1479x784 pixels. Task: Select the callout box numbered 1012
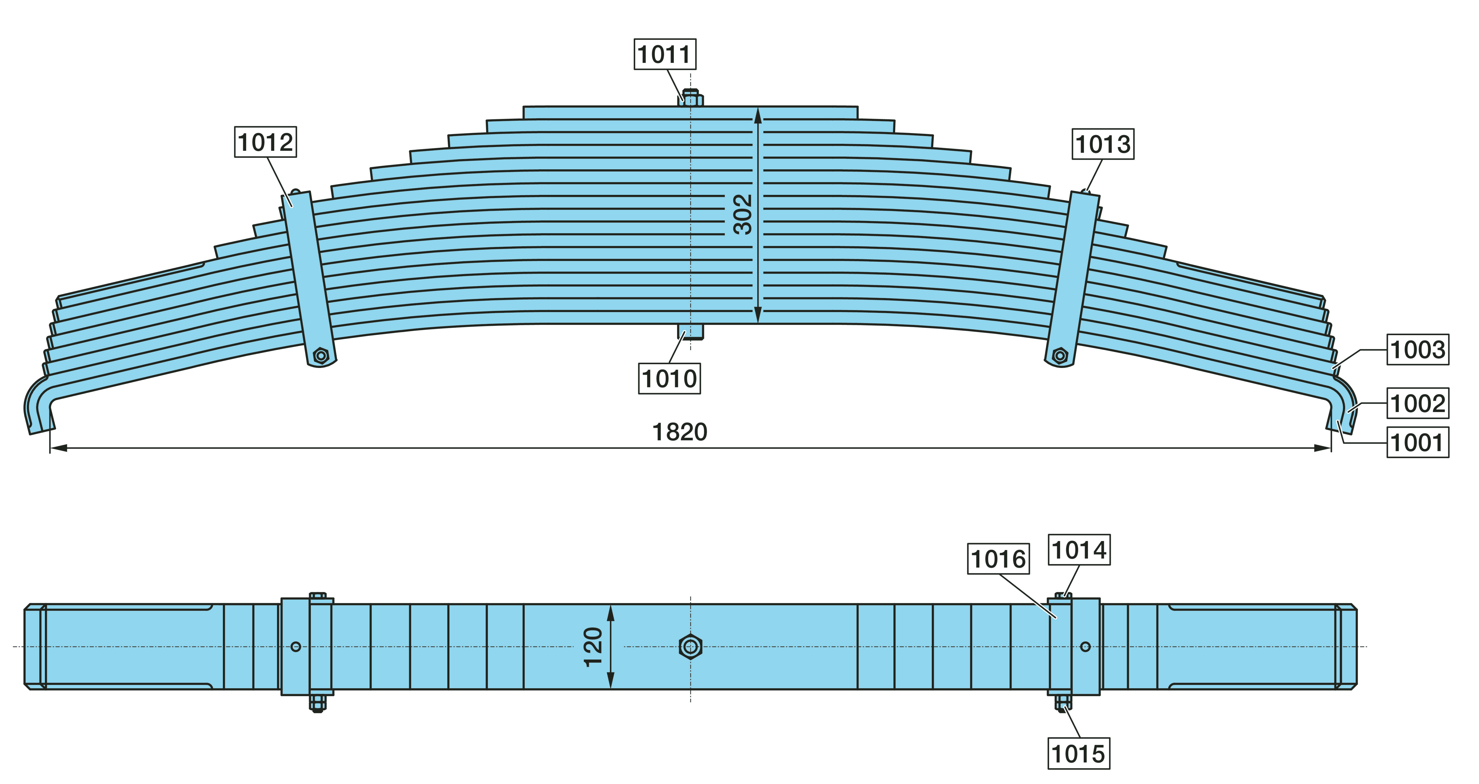point(265,142)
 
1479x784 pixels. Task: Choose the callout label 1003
point(1418,349)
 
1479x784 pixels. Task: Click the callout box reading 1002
point(1418,403)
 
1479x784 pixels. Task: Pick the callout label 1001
point(1418,442)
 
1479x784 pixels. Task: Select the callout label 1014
point(1079,550)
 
